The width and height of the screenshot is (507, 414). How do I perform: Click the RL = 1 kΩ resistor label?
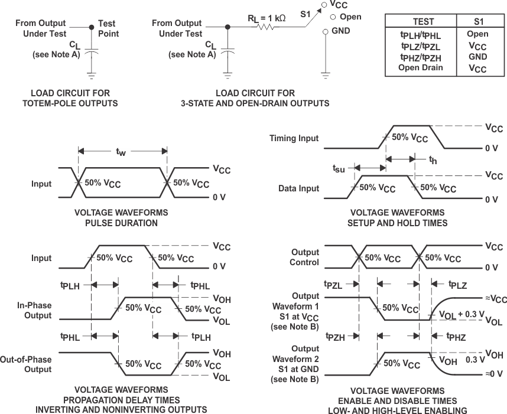point(266,18)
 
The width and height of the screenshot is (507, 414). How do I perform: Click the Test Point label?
point(108,29)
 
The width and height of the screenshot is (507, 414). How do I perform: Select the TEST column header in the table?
point(423,21)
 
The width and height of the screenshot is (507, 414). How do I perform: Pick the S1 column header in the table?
point(477,21)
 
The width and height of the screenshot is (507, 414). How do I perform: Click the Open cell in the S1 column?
point(477,34)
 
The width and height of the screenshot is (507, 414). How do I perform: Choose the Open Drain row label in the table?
point(420,67)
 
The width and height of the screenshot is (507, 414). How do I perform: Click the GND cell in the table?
point(477,57)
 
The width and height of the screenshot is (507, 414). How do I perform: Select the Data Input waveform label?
point(298,188)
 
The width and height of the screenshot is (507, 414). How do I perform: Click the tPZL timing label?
point(334,285)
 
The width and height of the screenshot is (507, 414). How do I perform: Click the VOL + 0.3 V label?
point(461,314)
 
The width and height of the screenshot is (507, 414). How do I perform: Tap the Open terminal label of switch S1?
point(350,17)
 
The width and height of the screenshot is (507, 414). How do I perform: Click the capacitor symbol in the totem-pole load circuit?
point(90,53)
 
